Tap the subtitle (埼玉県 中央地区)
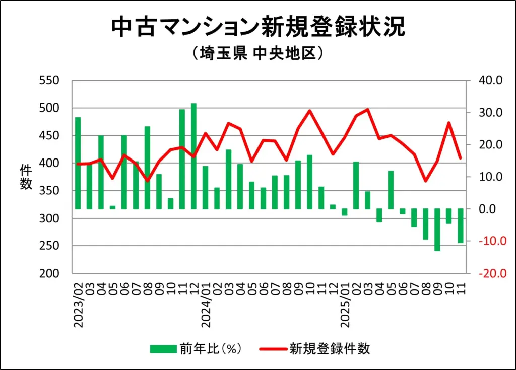point(257,54)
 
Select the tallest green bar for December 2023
point(193,156)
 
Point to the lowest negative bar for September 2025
point(437,230)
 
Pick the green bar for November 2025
point(460,226)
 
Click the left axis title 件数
point(26,177)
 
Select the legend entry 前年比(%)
point(197,349)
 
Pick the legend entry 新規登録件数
point(315,349)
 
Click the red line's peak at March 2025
point(368,109)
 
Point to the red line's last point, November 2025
point(460,158)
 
